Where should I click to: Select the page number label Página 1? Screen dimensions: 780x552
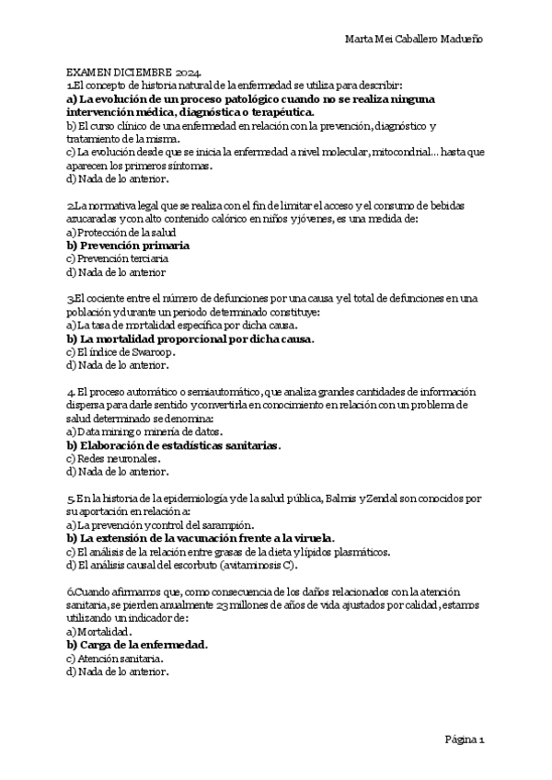pyautogui.click(x=471, y=739)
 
